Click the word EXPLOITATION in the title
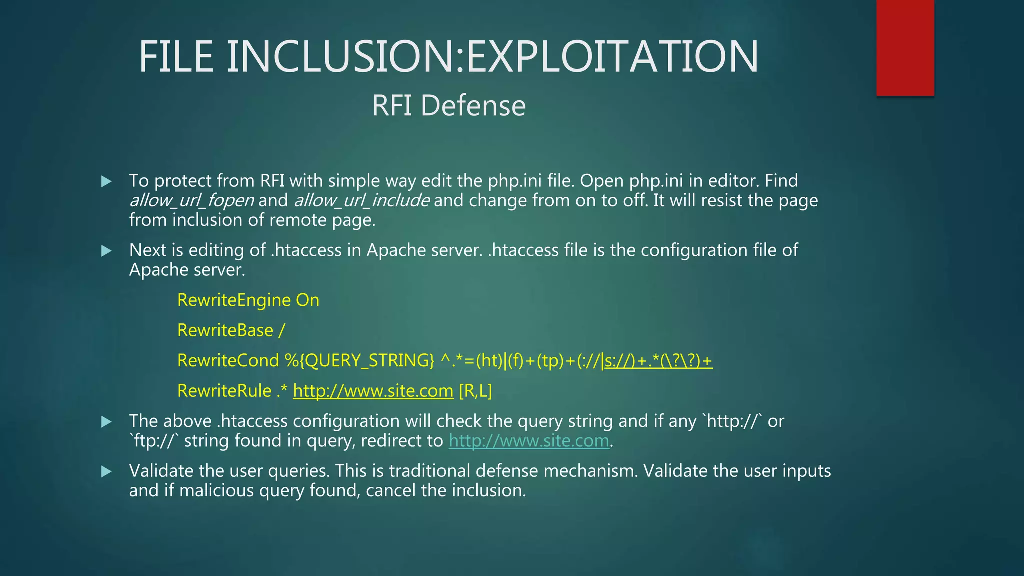612,57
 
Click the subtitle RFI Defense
449,106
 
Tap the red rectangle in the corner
905,47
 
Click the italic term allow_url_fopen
192,200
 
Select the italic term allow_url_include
361,200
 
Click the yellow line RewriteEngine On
248,300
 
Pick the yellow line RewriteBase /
231,330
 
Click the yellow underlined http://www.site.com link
373,391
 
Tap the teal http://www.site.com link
529,441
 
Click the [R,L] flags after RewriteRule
475,391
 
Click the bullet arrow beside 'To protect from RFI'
106,181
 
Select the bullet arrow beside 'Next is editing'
106,251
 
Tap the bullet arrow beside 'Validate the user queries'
106,471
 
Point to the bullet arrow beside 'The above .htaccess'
106,422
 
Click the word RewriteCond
228,361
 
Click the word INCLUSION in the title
344,57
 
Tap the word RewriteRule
224,391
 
